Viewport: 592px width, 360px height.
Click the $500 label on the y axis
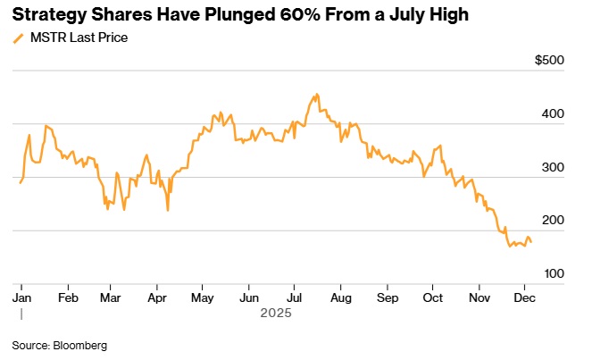[x=550, y=61]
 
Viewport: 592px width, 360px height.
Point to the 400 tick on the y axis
[x=554, y=114]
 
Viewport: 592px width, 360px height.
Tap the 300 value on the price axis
[x=554, y=167]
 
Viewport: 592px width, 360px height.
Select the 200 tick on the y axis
[x=554, y=221]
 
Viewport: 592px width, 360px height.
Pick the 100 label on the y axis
[x=554, y=273]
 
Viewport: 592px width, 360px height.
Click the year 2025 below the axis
[x=276, y=314]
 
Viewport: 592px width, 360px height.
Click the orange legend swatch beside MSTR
[x=19, y=38]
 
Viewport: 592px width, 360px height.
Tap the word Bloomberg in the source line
[x=82, y=344]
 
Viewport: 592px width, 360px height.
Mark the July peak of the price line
[x=316, y=93]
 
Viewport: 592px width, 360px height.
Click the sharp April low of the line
[x=168, y=210]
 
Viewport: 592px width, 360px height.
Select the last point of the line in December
[x=531, y=242]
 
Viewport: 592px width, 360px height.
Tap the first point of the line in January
[x=20, y=182]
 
